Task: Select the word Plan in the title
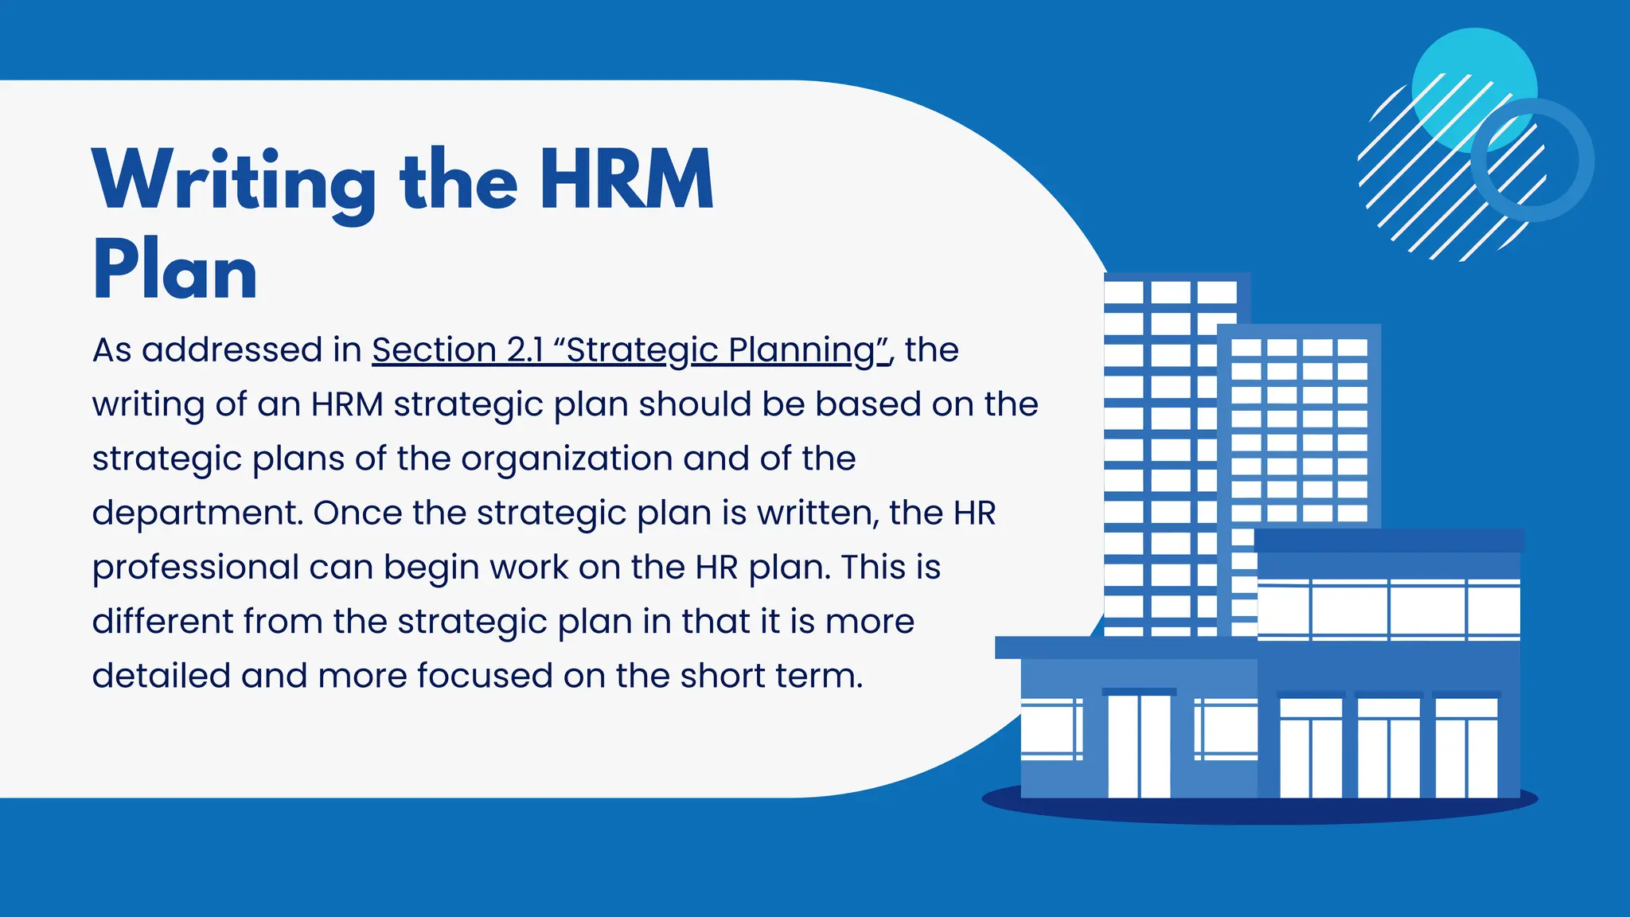pyautogui.click(x=175, y=271)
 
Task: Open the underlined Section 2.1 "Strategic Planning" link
pyautogui.click(x=630, y=350)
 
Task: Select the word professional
pyautogui.click(x=195, y=568)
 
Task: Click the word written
pyautogui.click(x=817, y=513)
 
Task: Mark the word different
pyautogui.click(x=162, y=622)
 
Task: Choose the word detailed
pyautogui.click(x=161, y=676)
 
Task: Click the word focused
pyautogui.click(x=485, y=676)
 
